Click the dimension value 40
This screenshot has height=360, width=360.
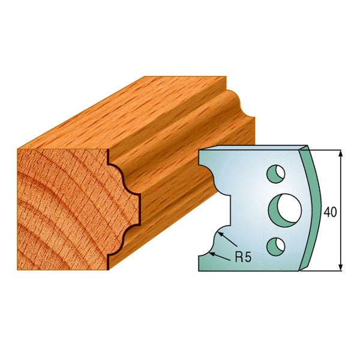[x=329, y=212]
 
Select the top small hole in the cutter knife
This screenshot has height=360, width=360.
[x=277, y=173]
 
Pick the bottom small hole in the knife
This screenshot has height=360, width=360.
[x=276, y=244]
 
